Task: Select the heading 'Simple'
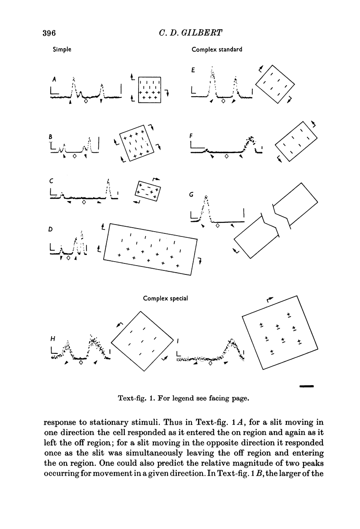62,50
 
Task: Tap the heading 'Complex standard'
217,50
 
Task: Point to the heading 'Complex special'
166,299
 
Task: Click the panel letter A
54,79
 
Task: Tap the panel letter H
52,339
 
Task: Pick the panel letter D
52,229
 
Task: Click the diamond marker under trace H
81,363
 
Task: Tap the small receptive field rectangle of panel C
147,191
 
